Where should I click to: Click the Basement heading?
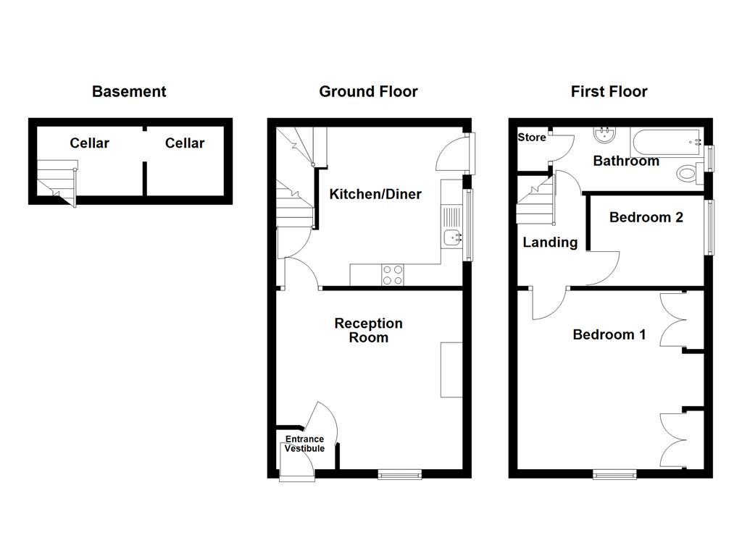pyautogui.click(x=129, y=91)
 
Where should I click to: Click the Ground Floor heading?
pyautogui.click(x=368, y=91)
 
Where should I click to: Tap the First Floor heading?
pyautogui.click(x=609, y=91)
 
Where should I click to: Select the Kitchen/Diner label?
pyautogui.click(x=375, y=194)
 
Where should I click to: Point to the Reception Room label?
pyautogui.click(x=368, y=330)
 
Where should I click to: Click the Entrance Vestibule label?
pyautogui.click(x=304, y=444)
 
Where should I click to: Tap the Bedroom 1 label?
pyautogui.click(x=609, y=334)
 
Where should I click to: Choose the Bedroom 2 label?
pyautogui.click(x=646, y=217)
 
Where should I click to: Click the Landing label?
pyautogui.click(x=550, y=243)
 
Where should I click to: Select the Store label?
pyautogui.click(x=531, y=138)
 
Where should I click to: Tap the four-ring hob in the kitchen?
pyautogui.click(x=393, y=275)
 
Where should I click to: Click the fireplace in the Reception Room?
pyautogui.click(x=451, y=369)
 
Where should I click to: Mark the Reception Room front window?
pyautogui.click(x=399, y=474)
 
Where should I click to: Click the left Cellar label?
pyautogui.click(x=89, y=143)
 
